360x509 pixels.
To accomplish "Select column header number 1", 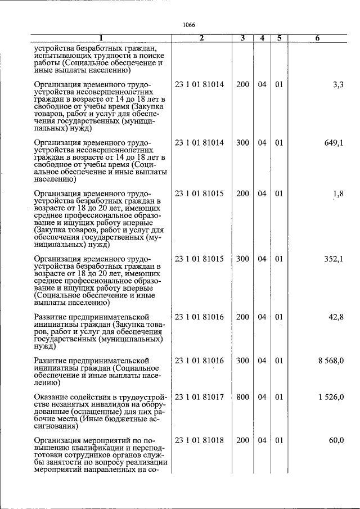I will (x=101, y=38).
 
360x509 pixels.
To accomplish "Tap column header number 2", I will (x=201, y=38).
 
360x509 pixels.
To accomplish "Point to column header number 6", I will (x=318, y=38).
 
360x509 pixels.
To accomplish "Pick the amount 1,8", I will (x=337, y=194).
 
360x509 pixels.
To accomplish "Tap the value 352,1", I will (x=334, y=259).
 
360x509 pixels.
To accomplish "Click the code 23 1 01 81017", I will (x=199, y=397).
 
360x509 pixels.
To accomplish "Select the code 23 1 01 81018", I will (x=199, y=440).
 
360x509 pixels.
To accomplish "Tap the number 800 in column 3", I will (x=242, y=397).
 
